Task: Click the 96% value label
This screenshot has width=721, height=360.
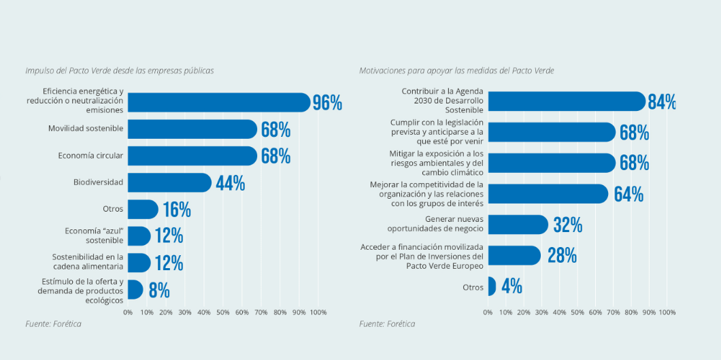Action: (x=327, y=103)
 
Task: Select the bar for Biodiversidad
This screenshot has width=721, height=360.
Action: (x=169, y=182)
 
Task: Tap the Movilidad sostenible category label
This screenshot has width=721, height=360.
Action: (x=86, y=129)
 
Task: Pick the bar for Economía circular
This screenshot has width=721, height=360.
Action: (x=192, y=156)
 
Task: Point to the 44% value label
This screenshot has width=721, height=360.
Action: (x=230, y=183)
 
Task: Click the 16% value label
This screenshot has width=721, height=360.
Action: (x=176, y=210)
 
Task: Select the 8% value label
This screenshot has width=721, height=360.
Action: (x=158, y=291)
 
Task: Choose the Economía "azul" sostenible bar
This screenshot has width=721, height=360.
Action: (x=139, y=236)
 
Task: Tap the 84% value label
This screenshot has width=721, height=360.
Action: (x=661, y=102)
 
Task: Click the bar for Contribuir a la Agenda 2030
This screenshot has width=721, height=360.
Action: (x=566, y=101)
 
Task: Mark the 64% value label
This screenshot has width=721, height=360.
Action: (x=628, y=194)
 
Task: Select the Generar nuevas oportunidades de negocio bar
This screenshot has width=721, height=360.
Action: (x=518, y=225)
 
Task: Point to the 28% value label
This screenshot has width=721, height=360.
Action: (x=562, y=256)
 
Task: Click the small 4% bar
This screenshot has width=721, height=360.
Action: (x=492, y=287)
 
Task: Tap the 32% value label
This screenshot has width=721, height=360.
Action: (x=567, y=225)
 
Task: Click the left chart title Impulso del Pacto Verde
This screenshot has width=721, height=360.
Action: (x=119, y=70)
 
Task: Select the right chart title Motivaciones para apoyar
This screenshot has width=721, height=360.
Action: (x=456, y=70)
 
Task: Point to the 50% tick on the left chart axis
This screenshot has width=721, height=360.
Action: (x=223, y=312)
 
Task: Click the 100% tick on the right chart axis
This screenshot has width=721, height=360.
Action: (x=667, y=312)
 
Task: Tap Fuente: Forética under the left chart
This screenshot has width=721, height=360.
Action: (x=53, y=324)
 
